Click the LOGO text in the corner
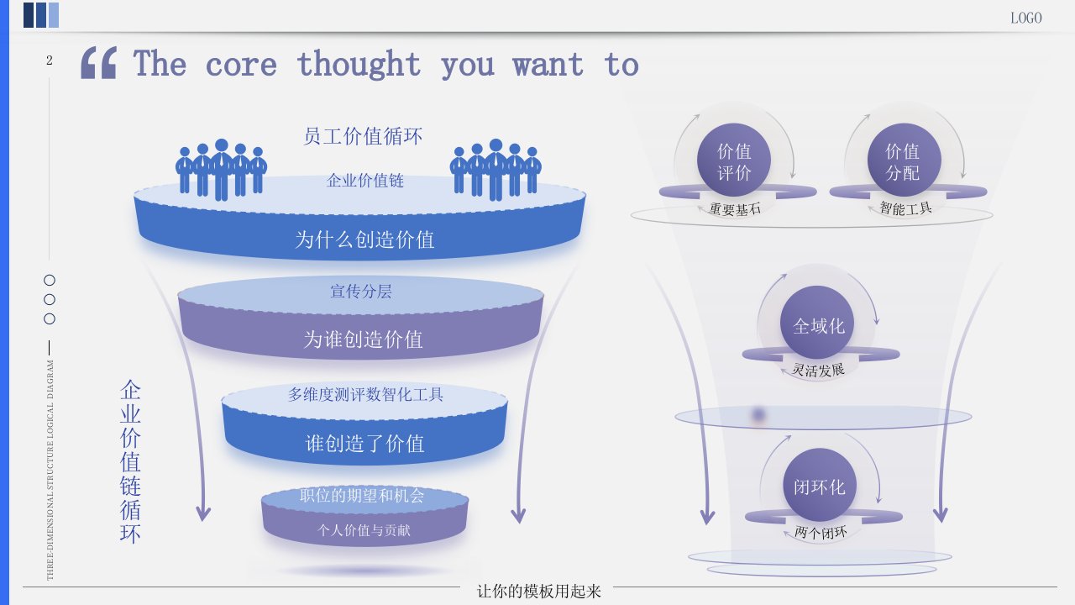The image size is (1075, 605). point(1025,18)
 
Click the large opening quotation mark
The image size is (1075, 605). point(98,63)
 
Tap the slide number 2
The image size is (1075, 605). point(50,60)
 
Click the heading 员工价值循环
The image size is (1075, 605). point(363,135)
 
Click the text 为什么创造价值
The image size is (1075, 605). point(364,239)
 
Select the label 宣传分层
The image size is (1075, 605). point(360,292)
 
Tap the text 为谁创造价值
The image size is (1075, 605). point(363,339)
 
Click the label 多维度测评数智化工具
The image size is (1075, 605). point(365,393)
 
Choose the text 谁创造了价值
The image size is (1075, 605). point(364,444)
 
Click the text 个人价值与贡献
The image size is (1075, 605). point(364,530)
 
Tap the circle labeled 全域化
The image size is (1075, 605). point(818,324)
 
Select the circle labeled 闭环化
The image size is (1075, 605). point(819,486)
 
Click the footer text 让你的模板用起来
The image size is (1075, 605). point(539,591)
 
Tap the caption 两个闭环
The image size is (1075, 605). point(821,532)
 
